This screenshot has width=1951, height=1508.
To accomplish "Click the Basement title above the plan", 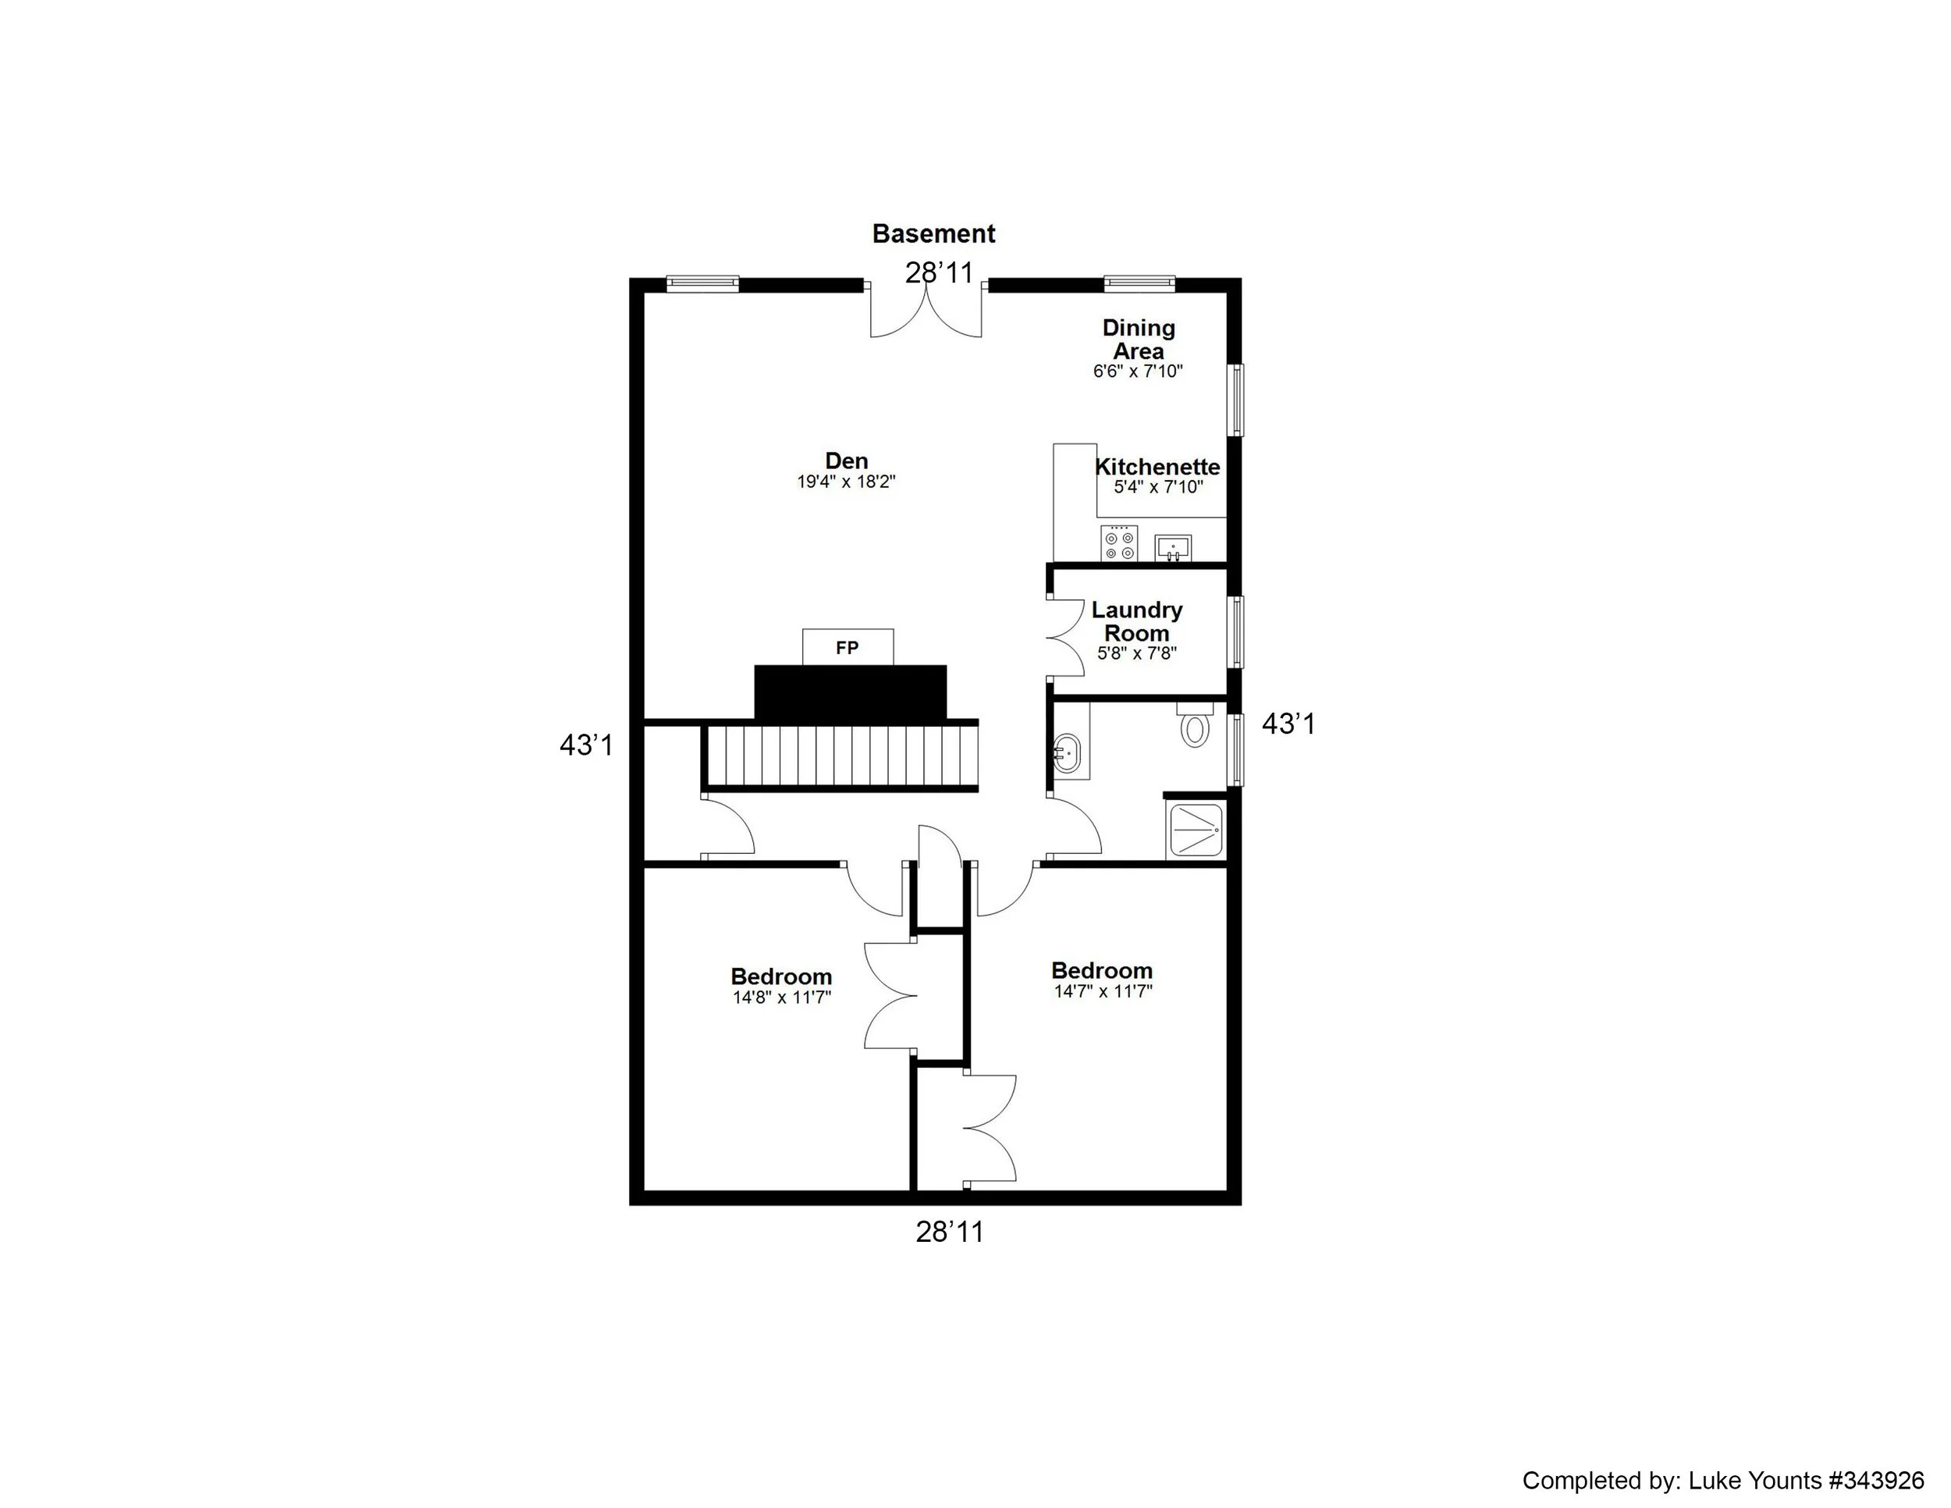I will pos(933,234).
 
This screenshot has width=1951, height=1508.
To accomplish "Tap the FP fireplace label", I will pos(847,648).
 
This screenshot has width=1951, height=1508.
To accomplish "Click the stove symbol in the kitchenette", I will pos(1119,543).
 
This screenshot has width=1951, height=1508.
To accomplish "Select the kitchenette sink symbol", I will pos(1173,546).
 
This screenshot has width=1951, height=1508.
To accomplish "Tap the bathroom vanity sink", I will pos(1067,755).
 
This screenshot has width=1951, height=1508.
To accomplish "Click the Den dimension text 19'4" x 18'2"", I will pos(846,482).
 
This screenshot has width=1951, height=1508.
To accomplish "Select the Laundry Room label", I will pos(1136,621).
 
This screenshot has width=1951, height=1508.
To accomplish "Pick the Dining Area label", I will pos(1138,340).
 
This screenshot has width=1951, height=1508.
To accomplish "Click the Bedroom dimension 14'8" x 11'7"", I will pos(782,998).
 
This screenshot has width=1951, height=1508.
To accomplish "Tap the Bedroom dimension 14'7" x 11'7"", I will pos(1103,991).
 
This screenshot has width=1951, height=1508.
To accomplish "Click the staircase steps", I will pos(840,756).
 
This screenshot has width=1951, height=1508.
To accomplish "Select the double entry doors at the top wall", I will pos(926,311).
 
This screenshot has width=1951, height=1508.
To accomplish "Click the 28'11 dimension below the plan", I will pos(949,1232).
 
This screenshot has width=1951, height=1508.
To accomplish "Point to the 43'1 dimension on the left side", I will pos(586,745).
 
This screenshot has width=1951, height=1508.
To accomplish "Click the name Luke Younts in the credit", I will pos(1754,1481).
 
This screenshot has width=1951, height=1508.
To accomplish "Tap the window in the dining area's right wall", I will pos(1237,400).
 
